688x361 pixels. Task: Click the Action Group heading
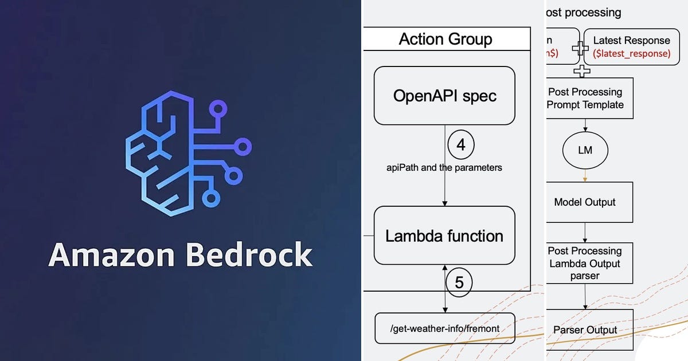coord(445,39)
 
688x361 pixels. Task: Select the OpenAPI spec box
coord(444,96)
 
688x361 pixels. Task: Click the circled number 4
coord(461,146)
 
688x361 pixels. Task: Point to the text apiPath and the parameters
coord(444,168)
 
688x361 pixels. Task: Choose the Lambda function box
coord(444,236)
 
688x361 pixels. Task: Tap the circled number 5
coord(459,282)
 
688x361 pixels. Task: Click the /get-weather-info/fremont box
coord(444,328)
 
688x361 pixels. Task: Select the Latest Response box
coord(631,46)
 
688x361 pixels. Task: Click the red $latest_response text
coord(631,53)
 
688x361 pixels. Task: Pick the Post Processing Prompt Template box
coord(589,98)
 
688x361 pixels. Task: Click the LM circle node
coord(585,150)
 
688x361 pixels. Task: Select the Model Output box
coord(589,202)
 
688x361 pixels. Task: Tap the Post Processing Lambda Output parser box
coord(589,263)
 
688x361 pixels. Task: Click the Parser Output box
coord(589,329)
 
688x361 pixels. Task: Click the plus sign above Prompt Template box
coord(583,71)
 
